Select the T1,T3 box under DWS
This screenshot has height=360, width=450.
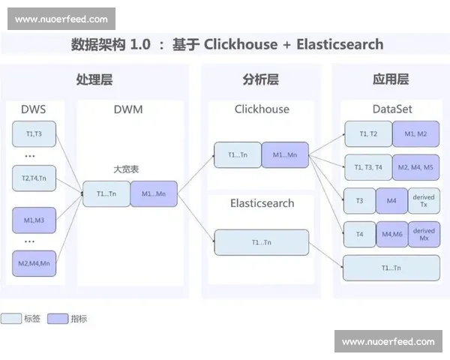[x=34, y=135]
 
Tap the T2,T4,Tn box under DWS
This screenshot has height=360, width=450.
[x=34, y=178]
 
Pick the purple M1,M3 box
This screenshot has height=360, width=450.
[x=34, y=220]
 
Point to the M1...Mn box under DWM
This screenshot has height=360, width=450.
[x=154, y=193]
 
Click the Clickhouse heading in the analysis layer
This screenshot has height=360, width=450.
[x=262, y=109]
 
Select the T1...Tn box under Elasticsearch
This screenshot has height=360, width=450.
[x=262, y=242]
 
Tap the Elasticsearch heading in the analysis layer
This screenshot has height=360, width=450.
[x=262, y=203]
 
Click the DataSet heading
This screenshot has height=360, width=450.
[x=392, y=109]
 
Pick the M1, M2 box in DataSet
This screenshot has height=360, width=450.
[x=416, y=133]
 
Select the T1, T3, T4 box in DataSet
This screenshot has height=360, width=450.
[x=368, y=167]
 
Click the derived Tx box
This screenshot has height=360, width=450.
[x=424, y=201]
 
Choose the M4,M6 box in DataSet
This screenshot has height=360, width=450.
[x=392, y=234]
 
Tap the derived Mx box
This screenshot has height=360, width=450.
[x=424, y=234]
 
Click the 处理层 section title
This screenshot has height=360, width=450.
[x=94, y=79]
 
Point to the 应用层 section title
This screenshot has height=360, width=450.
[x=391, y=79]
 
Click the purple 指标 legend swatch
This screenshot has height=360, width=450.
[x=57, y=319]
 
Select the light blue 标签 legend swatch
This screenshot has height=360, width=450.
[x=11, y=319]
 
